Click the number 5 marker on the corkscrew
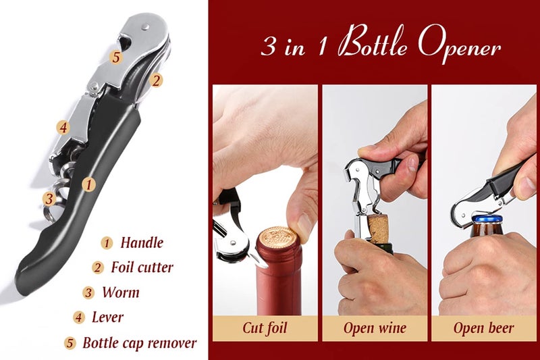pos(116,57)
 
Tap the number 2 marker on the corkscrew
pos(156,80)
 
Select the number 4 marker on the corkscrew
pos(62,127)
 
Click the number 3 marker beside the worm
pos(49,199)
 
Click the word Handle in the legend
pos(142,242)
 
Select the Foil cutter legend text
pos(142,267)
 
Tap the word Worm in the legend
pos(121,292)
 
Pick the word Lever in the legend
pos(108,317)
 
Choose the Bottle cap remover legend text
pos(139,342)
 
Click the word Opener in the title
pos(459,47)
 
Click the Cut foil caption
pos(265,329)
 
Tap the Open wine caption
pos(375,329)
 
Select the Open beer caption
pos(483,329)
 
